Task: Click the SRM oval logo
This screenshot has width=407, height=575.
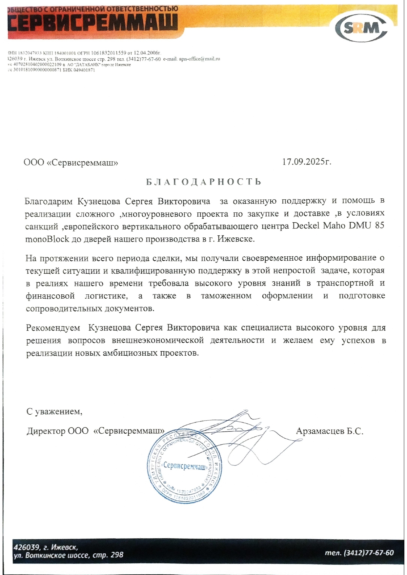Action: pos(363,29)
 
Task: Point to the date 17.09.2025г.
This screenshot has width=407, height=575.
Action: pos(307,162)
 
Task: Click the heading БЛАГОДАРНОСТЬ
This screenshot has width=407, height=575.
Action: pos(203,182)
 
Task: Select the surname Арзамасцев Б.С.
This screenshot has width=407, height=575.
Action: pos(329,431)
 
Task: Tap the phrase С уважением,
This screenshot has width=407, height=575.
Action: pos(54,411)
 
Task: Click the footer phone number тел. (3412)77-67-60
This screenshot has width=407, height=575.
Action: pos(359,553)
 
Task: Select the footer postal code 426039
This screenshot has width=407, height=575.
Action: pos(26,547)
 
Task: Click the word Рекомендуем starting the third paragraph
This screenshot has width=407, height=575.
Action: pos(53,328)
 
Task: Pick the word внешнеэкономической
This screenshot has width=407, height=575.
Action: pos(158,340)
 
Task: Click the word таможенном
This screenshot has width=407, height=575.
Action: pos(226,296)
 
